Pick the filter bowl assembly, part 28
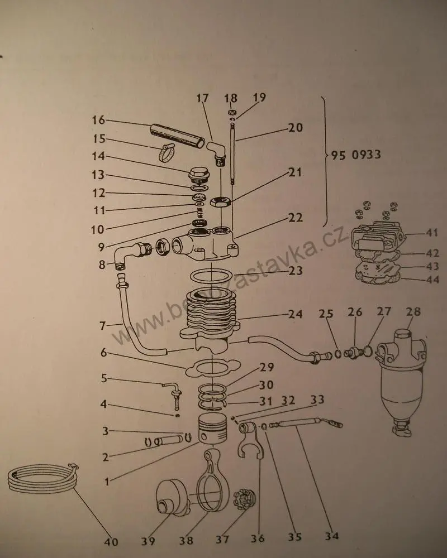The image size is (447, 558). pos(401,379)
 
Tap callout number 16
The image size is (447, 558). pos(98,120)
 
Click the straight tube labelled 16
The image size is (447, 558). pos(175,136)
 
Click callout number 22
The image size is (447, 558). pos(296,218)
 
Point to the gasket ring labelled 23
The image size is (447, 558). pos(212,277)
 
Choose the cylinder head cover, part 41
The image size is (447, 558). pos(377,237)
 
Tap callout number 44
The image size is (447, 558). pos(432,280)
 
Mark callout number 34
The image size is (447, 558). pos(332,536)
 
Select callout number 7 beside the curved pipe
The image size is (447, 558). pos(102,325)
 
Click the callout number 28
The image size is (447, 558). pos(414,311)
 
